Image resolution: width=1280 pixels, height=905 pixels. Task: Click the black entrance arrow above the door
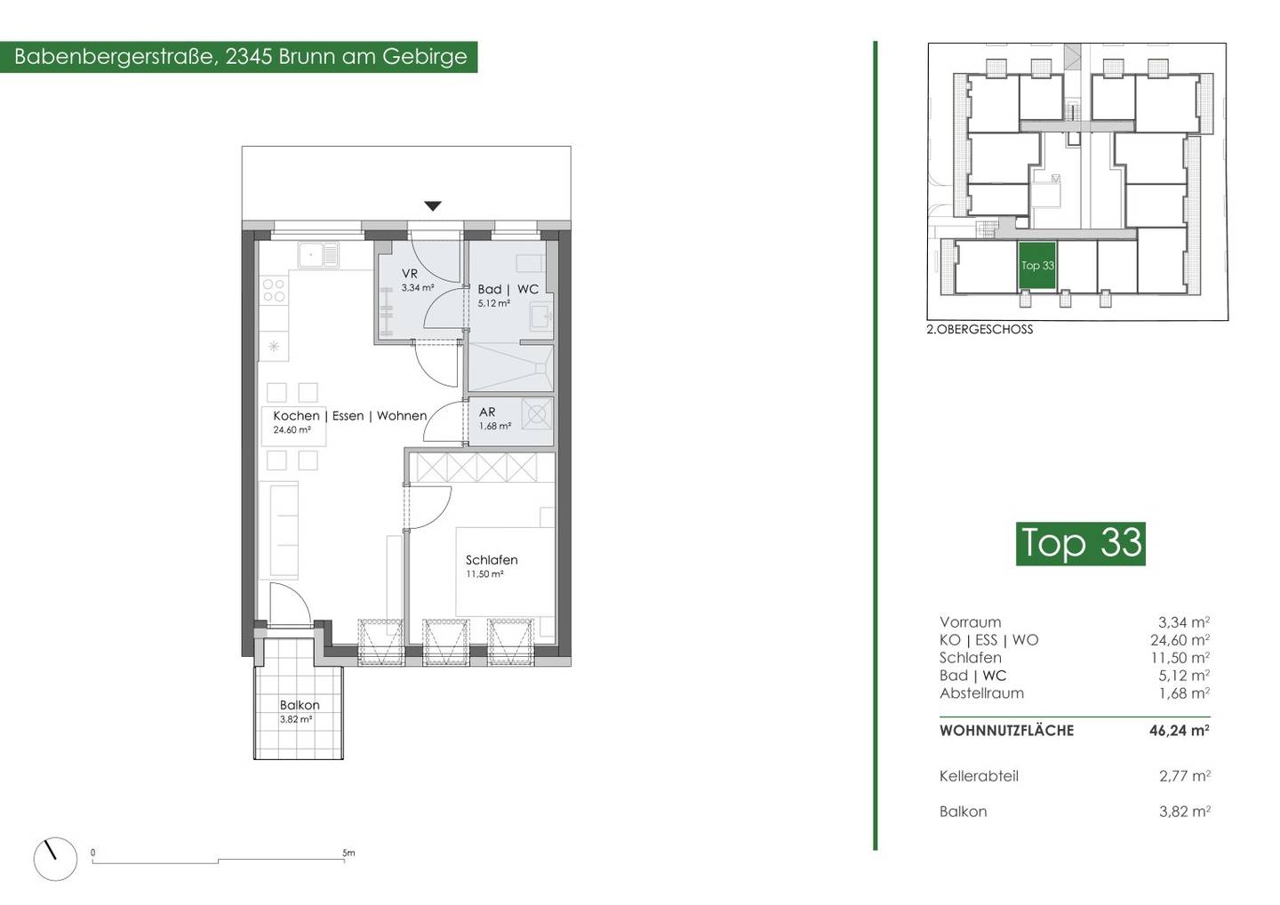[x=433, y=205]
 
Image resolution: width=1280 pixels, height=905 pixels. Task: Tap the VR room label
[x=409, y=274]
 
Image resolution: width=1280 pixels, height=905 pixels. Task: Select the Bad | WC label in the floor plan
[x=508, y=289]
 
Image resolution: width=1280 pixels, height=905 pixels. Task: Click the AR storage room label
[x=487, y=412]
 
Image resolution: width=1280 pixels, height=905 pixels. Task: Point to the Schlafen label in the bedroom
[x=492, y=560]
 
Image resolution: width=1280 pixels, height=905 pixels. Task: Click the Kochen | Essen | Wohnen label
[x=349, y=416]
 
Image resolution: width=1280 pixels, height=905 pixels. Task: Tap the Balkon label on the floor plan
[x=300, y=705]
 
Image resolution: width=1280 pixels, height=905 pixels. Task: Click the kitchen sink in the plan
[x=318, y=255]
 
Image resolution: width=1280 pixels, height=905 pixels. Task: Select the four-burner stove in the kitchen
[x=274, y=290]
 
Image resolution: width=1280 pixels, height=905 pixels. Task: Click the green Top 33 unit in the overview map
[x=1036, y=266]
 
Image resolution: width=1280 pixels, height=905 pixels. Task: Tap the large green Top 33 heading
[x=1081, y=543]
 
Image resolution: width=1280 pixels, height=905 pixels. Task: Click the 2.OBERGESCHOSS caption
[x=980, y=330]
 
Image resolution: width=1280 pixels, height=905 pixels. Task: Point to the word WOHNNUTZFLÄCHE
[x=1006, y=731]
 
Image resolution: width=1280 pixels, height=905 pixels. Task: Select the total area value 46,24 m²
[x=1180, y=730]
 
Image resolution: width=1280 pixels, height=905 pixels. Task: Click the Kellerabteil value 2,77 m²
[x=1185, y=776]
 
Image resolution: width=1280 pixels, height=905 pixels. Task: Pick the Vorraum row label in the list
[x=971, y=621]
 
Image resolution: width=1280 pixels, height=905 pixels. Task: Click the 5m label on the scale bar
[x=348, y=853]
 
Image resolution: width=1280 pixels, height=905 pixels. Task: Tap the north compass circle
[x=55, y=859]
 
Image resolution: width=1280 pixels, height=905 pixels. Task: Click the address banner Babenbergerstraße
[x=239, y=57]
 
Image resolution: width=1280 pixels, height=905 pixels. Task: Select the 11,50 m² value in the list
[x=1180, y=657]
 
